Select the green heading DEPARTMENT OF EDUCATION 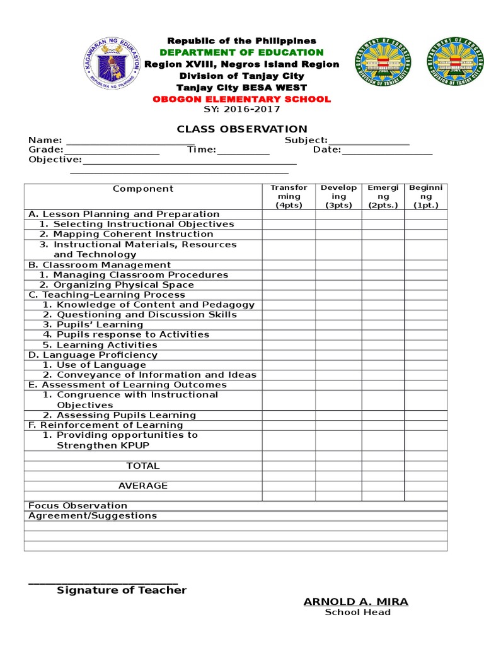(x=241, y=52)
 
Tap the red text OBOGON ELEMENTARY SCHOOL (x=241, y=99)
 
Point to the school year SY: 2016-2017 (x=241, y=109)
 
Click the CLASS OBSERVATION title (x=241, y=129)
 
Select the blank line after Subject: (x=369, y=141)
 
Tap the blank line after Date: (x=387, y=151)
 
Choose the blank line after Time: (x=243, y=151)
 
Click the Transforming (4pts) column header (x=289, y=196)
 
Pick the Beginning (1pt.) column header (x=425, y=196)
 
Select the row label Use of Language (x=101, y=365)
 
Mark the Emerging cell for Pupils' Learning (x=383, y=325)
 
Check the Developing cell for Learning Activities (x=338, y=345)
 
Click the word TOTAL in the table (x=143, y=466)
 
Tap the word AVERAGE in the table (x=143, y=486)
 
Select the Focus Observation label (x=78, y=505)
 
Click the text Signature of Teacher (x=122, y=590)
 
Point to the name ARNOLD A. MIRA (x=356, y=602)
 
